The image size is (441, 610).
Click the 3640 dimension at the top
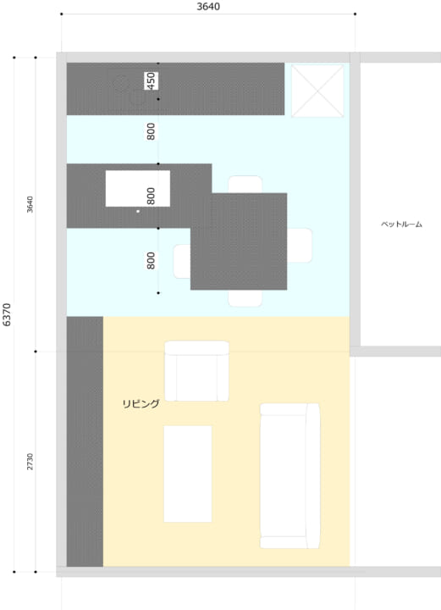pos(208,7)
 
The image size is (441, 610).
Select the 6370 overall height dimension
pos(7,314)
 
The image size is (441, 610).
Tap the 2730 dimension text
pos(30,462)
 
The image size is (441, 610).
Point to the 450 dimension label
pos(152,81)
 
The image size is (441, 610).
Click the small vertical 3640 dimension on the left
pos(30,204)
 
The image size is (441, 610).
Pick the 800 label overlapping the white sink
pos(152,196)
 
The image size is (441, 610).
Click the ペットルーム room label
pos(401,225)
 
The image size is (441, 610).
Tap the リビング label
pos(141,404)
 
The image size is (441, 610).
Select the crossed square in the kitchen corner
pos(317,91)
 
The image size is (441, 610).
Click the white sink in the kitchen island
pos(137,188)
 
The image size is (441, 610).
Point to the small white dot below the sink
pos(138,211)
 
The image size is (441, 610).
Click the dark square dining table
pos(239,241)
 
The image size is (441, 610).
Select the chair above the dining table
pos(245,185)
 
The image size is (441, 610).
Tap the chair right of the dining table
pos(300,246)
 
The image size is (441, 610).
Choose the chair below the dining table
pos(245,298)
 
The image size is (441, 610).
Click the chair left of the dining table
pos(182,262)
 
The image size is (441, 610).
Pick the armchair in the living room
pos(196,371)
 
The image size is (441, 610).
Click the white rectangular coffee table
pos(188,474)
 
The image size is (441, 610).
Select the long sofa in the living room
pos(289,476)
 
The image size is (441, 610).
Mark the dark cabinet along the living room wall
pos(85,441)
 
